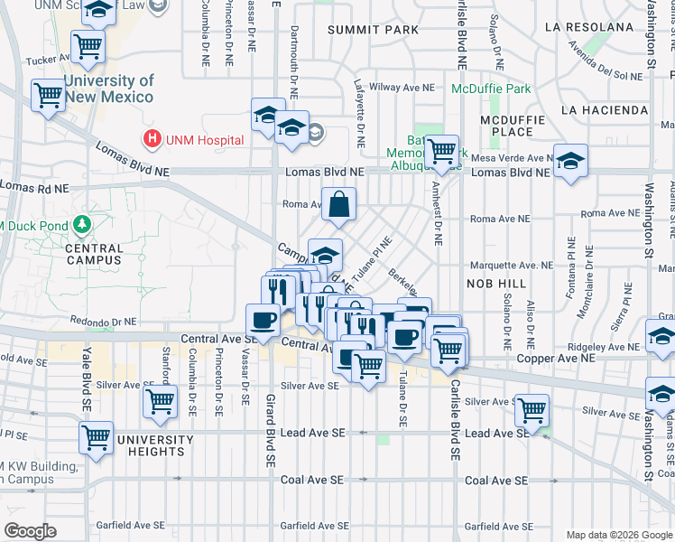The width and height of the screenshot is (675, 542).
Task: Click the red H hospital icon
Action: point(152,140)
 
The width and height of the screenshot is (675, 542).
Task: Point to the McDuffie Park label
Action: point(492,89)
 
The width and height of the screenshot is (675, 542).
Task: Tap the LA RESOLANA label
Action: point(589,27)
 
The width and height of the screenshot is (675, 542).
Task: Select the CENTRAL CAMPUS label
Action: point(94,254)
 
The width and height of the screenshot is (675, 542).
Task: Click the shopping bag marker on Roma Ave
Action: point(338,206)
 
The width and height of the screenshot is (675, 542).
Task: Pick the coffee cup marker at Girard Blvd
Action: point(264,321)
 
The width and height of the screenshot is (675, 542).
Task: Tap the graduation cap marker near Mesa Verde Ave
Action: point(570,164)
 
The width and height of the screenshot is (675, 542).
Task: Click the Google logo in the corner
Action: point(31,531)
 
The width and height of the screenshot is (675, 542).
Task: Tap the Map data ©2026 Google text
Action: point(618,535)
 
